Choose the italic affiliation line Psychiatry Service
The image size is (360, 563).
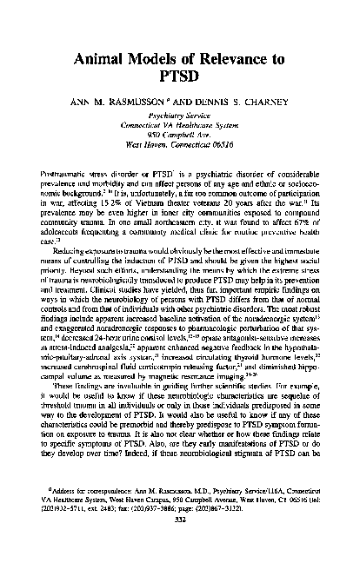[180, 127]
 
